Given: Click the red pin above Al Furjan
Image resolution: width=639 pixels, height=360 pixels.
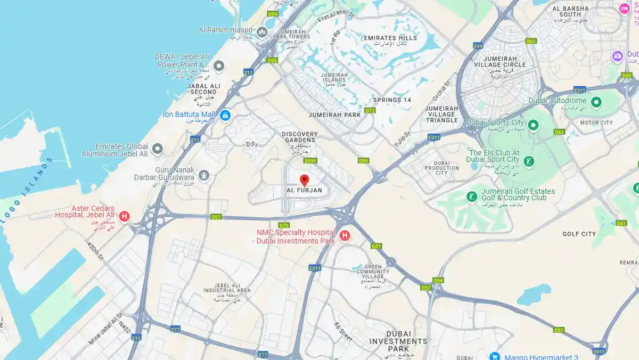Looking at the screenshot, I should tap(305, 180).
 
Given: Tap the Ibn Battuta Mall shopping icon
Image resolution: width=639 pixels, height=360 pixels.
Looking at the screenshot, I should tap(225, 115).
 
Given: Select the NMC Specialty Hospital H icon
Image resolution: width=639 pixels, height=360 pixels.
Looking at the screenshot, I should tap(345, 235).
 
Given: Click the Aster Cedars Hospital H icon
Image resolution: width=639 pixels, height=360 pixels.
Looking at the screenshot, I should tap(124, 216).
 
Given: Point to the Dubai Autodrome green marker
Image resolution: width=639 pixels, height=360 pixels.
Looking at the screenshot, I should tap(596, 101).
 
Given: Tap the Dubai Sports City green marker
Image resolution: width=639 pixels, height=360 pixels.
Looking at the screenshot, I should tap(533, 125).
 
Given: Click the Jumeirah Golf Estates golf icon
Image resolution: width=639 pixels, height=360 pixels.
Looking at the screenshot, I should tap(471, 197).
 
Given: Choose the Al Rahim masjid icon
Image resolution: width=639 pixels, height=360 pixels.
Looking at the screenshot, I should tap(261, 32).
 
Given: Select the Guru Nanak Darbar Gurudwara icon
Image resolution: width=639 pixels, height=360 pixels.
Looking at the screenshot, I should tap(203, 175).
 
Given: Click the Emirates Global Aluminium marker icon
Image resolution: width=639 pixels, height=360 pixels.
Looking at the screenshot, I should tap(157, 149).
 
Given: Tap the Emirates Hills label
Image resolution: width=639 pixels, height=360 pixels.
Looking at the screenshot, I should tap(390, 38).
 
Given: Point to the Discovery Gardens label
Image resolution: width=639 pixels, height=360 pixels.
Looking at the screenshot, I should tap(300, 137).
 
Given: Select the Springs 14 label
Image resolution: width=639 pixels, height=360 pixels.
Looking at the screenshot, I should tap(392, 100).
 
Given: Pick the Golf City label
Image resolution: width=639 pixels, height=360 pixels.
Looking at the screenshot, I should tap(579, 234).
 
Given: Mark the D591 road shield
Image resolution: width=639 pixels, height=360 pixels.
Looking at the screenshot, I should tap(310, 161).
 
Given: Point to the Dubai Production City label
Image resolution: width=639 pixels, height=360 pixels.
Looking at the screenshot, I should tap(442, 168).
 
